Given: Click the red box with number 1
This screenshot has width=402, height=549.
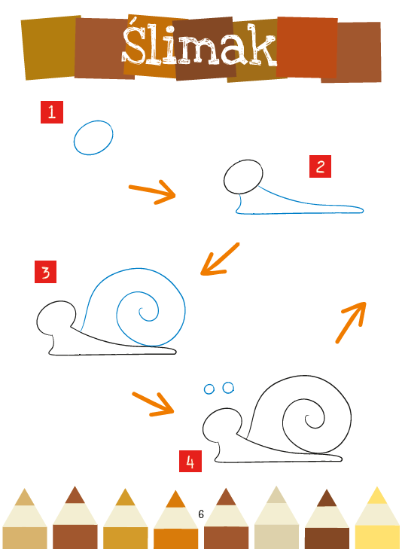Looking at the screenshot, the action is [x=52, y=112].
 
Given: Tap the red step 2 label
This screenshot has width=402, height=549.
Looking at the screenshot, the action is [x=320, y=166].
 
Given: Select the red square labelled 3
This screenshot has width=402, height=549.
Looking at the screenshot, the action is [x=45, y=272].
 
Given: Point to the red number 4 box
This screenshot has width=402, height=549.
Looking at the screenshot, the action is [x=190, y=462].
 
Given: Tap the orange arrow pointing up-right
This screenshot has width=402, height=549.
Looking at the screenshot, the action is [x=351, y=322].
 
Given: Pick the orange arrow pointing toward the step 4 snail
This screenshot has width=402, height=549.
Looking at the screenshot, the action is [x=154, y=404].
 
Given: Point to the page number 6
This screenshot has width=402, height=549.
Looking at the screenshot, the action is [x=201, y=514].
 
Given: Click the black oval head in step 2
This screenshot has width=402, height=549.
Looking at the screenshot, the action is [x=224, y=177].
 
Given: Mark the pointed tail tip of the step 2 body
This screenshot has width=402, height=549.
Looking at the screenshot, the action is [x=363, y=210].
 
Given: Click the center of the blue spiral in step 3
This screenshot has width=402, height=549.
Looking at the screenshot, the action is [x=141, y=310].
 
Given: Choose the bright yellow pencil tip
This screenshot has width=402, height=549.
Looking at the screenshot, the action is [x=377, y=495].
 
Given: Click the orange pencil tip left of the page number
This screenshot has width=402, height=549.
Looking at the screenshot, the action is [x=175, y=499].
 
